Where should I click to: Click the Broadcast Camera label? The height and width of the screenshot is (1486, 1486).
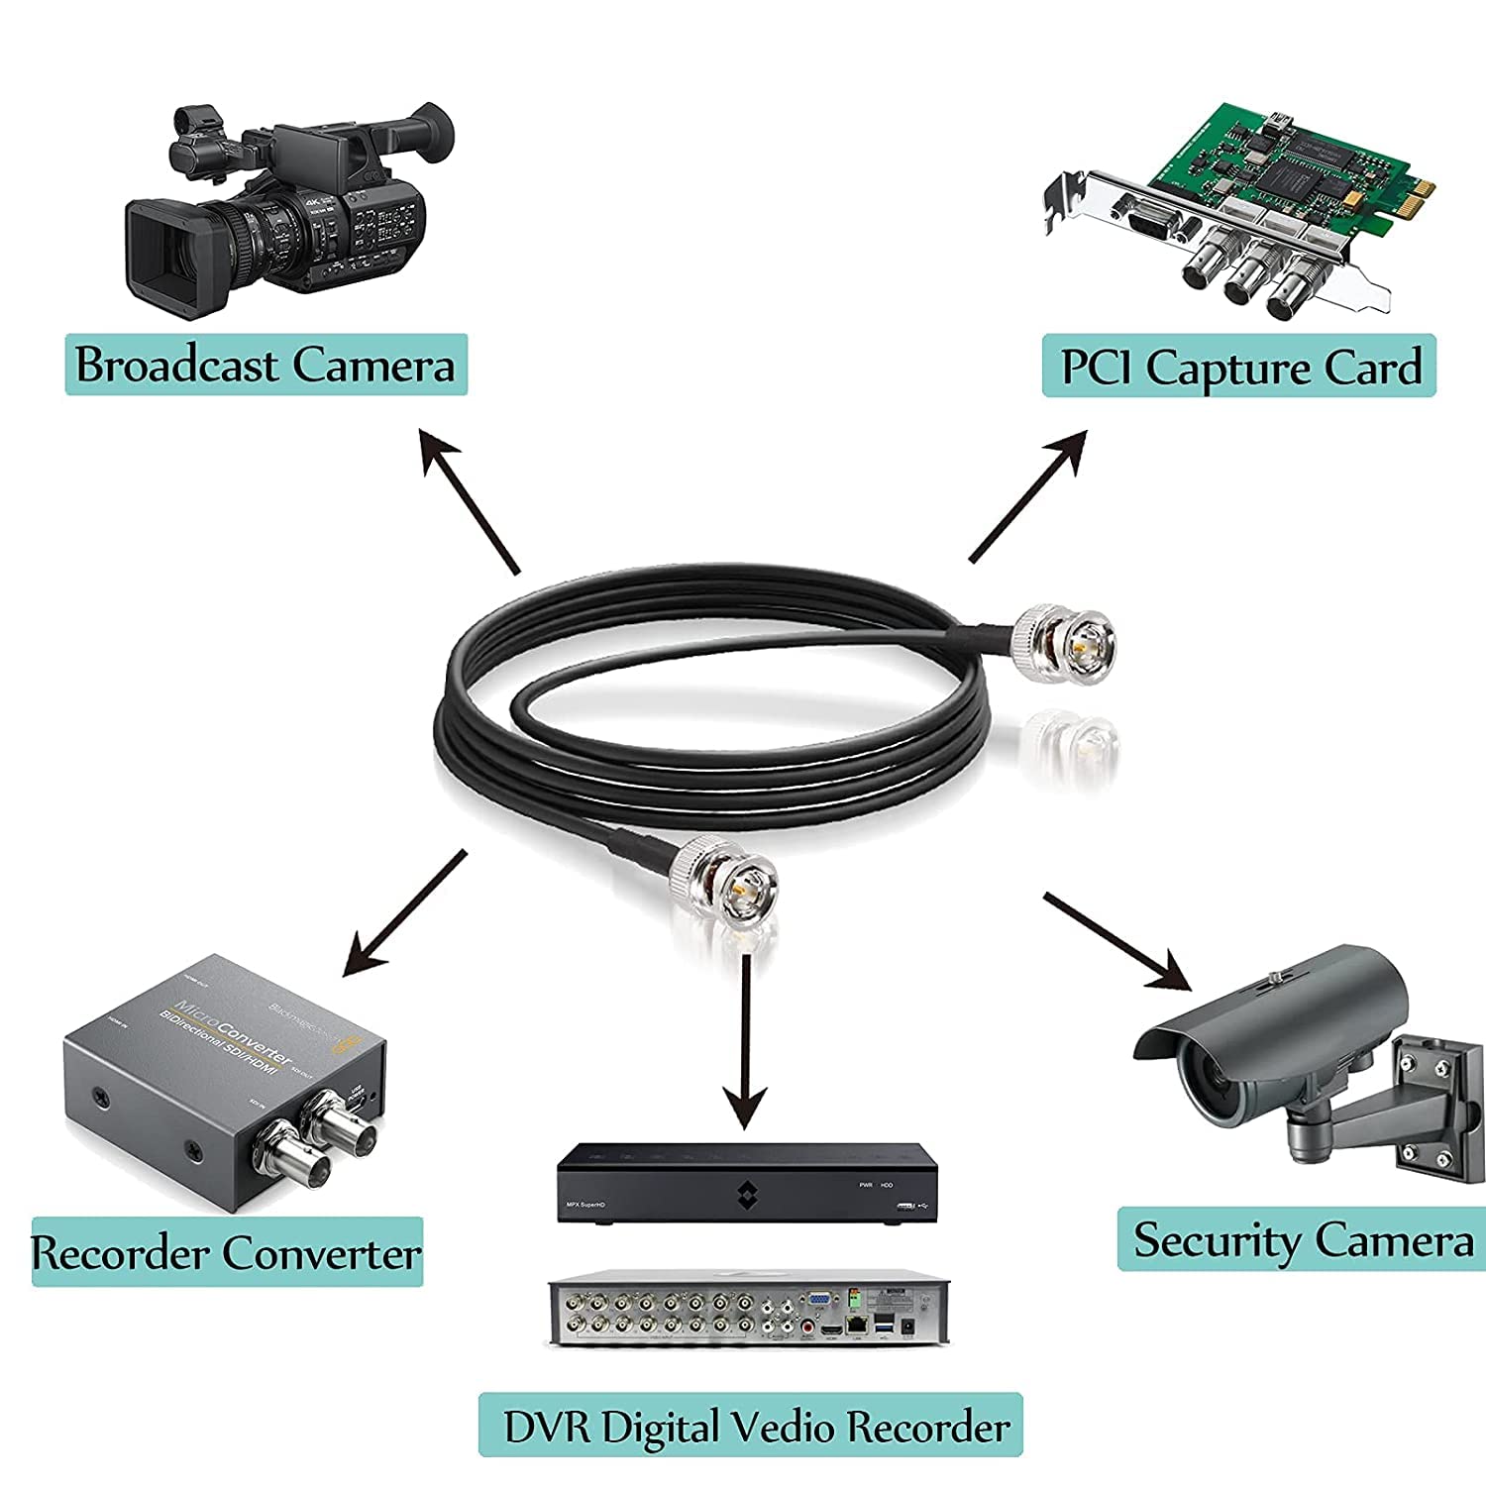(x=265, y=365)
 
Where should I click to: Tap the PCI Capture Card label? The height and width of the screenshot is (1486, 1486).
(x=1238, y=367)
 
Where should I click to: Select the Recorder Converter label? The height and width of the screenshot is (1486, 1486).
(x=227, y=1252)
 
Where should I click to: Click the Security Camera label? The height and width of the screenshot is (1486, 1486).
(x=1302, y=1239)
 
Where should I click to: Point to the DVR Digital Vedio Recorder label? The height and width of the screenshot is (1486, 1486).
(x=750, y=1426)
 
